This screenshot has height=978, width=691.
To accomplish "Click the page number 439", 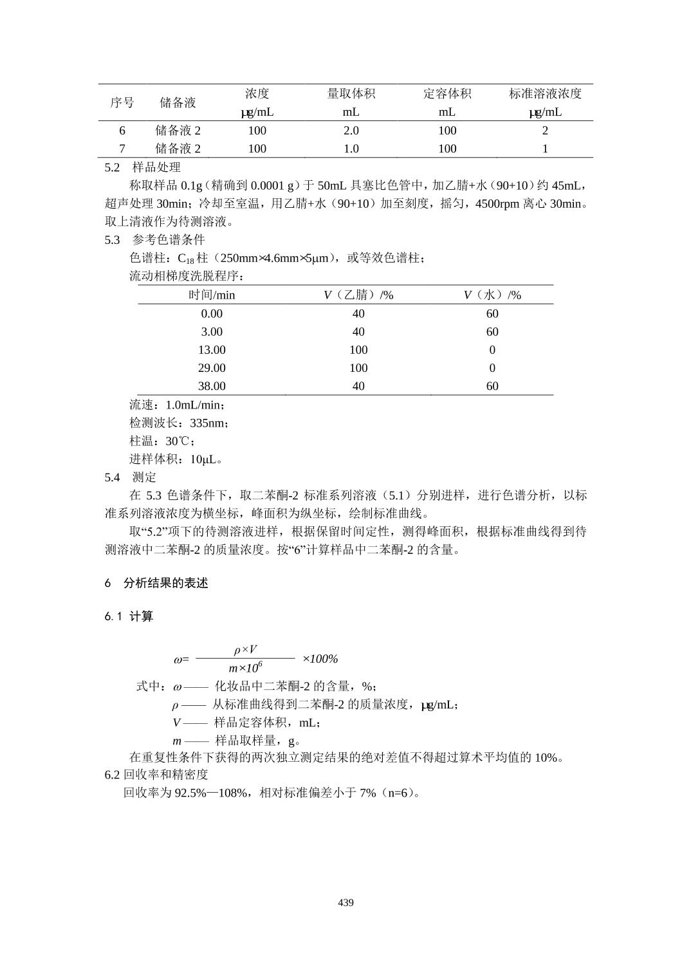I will (345, 903).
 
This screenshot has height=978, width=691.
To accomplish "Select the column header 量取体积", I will (351, 94).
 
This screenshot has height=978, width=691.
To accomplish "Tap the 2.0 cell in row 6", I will (351, 131).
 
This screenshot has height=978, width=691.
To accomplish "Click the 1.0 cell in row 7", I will (351, 149).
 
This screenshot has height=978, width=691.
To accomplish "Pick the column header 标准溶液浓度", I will (545, 94).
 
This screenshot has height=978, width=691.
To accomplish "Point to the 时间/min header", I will (212, 295).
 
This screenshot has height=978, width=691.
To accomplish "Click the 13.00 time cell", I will (212, 350).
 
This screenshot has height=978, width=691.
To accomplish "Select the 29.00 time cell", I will (212, 368).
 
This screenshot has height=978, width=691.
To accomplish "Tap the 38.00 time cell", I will (212, 386).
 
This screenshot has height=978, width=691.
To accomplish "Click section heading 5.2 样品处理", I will (143, 167).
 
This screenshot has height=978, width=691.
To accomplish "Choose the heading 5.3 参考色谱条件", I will (154, 240).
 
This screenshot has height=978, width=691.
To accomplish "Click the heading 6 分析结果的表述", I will (156, 583).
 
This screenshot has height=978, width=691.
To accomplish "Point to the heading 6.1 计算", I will (129, 616).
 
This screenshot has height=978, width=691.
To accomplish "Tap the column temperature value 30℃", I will (180, 441).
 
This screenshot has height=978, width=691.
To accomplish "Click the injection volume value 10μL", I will (205, 459).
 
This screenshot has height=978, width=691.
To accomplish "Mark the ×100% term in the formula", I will (320, 659).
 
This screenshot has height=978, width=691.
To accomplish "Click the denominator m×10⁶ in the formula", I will (245, 669).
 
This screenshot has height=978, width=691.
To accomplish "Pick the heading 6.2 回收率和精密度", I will (156, 775).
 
